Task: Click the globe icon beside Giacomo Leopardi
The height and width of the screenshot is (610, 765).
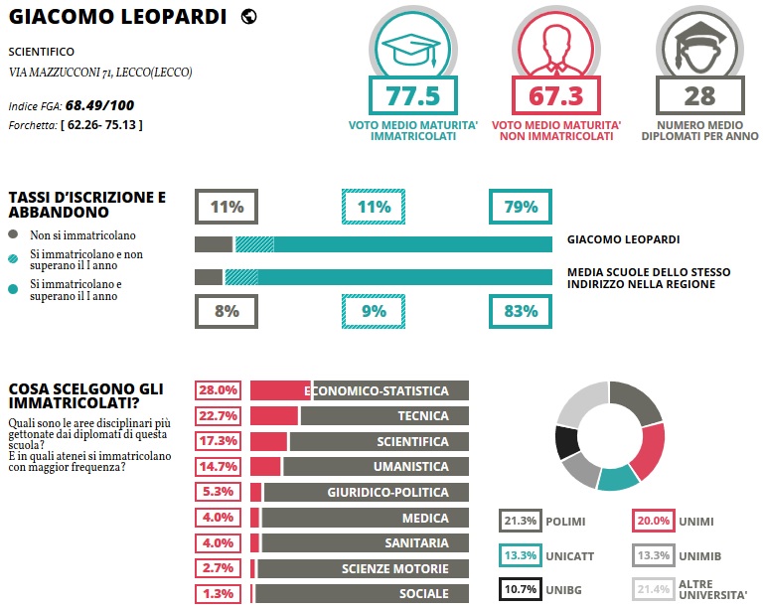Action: point(249,16)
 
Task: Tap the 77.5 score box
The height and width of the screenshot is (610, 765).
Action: point(411,96)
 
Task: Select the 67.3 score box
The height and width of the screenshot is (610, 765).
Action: point(556,96)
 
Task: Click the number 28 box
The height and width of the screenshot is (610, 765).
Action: point(699,96)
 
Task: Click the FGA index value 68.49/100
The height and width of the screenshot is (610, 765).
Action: point(99,104)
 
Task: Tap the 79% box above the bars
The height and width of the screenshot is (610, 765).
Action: point(521,208)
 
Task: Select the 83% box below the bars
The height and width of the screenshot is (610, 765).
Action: point(521,311)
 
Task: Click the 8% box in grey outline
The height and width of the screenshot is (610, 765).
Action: point(227,311)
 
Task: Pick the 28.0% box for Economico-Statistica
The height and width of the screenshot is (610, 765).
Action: point(219,390)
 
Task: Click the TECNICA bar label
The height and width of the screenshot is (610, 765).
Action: point(423,416)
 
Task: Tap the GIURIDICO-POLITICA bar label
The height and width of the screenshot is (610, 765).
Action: point(387,493)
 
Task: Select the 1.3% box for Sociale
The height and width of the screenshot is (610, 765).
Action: point(219,594)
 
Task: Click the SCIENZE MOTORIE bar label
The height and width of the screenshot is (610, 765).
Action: point(394,569)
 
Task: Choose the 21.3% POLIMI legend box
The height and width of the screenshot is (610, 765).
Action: point(521,521)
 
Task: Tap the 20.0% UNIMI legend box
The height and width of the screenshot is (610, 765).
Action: point(654,521)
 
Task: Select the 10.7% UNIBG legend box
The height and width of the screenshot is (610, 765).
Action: point(521,589)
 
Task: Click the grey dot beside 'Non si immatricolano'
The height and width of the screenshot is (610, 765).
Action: point(13,235)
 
